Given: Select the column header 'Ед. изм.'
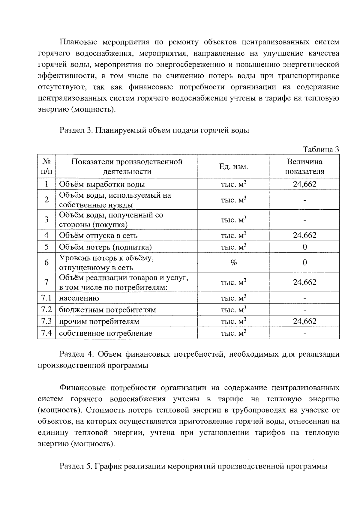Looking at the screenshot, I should (233, 167).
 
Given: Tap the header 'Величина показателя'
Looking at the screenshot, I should (304, 166).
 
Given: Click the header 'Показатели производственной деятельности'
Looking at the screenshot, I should (127, 166).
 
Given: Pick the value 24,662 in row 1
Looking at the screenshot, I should (304, 184).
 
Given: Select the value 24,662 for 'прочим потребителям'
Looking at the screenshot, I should (304, 321).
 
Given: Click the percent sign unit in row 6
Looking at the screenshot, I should (233, 263).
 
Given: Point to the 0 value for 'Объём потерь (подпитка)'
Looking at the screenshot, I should (304, 247).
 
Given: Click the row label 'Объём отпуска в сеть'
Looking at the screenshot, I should (98, 236).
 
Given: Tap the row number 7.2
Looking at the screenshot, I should (46, 310).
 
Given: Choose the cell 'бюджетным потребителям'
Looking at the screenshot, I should (107, 310).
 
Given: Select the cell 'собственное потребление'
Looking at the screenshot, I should (105, 333).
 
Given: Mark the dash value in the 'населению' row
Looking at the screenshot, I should (304, 298).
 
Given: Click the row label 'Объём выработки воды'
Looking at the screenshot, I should (102, 184).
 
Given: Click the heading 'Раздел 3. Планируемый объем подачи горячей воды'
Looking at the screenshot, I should (154, 130).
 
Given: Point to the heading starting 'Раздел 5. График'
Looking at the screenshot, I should (193, 466).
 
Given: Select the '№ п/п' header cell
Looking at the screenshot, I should (46, 166).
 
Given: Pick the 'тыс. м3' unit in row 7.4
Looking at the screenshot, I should (233, 333).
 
